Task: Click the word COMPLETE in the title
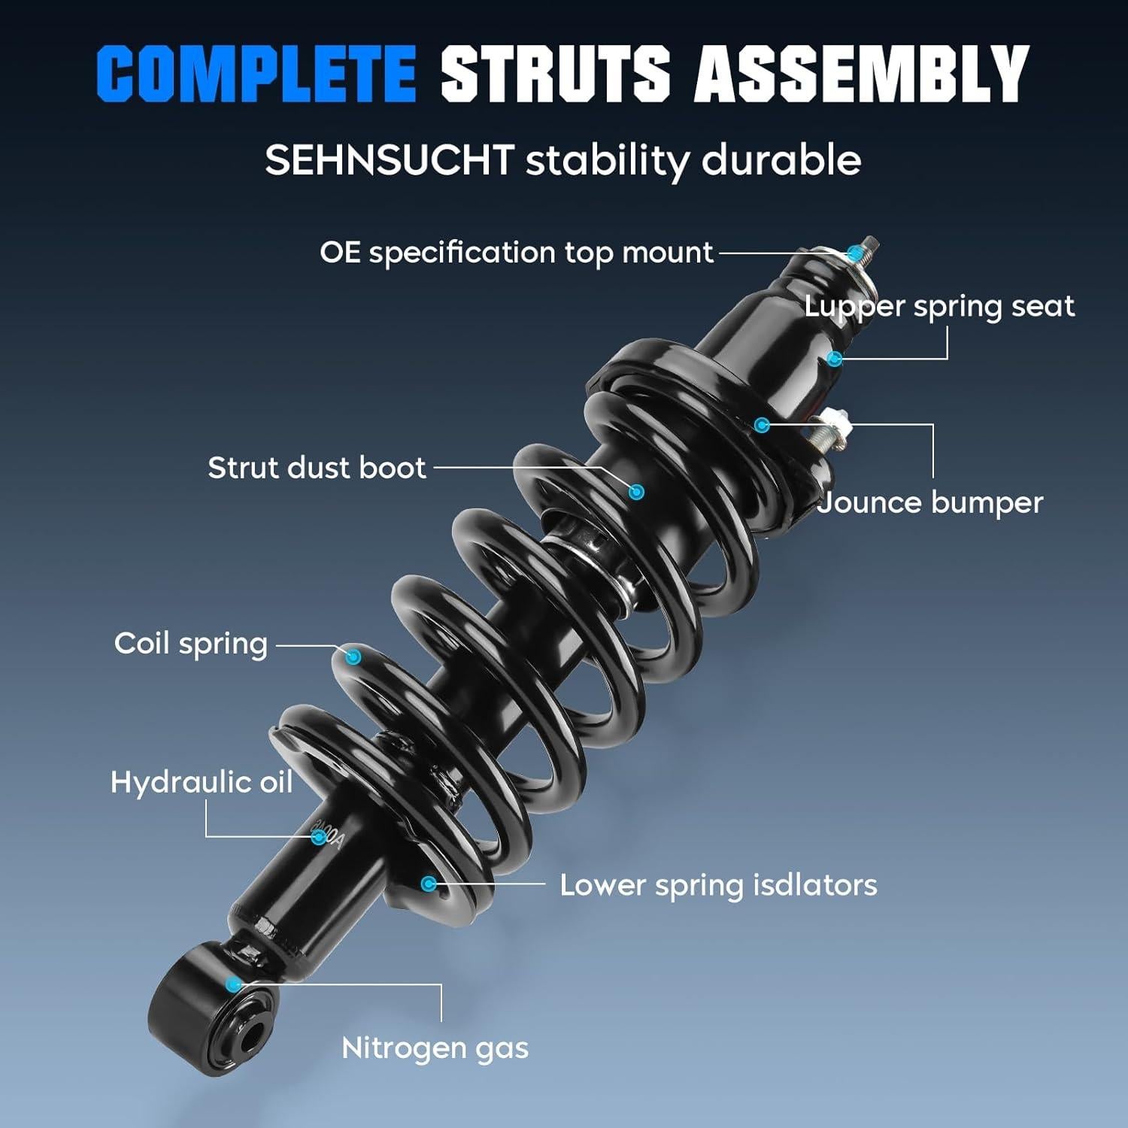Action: pos(256,73)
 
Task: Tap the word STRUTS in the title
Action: pos(555,73)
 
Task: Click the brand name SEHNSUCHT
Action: pos(389,160)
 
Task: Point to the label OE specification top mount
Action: pos(516,253)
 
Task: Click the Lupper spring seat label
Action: pos(939,306)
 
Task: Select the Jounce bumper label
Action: pos(930,503)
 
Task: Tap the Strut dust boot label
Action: pos(317,468)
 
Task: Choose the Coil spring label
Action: pos(191,644)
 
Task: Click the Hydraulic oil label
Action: pos(202,782)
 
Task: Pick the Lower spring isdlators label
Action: pos(718,885)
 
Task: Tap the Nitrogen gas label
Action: pos(435,1048)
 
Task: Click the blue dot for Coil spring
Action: pos(353,657)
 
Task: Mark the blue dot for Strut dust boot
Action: pos(636,493)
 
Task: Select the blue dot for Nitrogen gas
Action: pos(234,983)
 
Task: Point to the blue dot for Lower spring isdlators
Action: pos(429,884)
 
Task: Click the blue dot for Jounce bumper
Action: pos(762,425)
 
